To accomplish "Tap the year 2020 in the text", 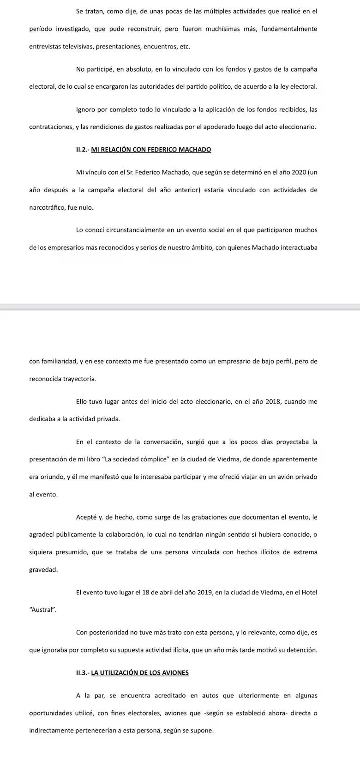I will point(298,172).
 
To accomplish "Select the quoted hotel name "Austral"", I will point(42,610).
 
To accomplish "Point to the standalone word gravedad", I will point(43,569).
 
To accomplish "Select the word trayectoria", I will point(78,378).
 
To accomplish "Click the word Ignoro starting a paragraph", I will point(87,109).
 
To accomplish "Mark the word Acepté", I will point(87,517).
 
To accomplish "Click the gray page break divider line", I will point(180,307).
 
